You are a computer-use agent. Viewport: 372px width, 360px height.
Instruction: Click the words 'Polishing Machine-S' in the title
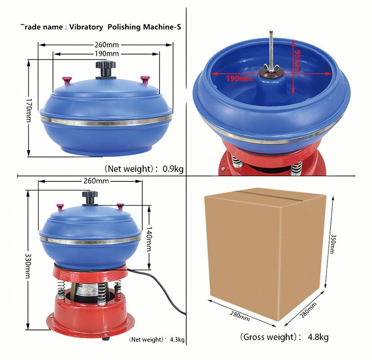point(143,27)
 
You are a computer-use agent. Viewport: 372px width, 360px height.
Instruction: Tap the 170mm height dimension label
point(29,109)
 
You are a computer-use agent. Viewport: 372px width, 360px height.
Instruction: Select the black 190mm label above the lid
point(106,54)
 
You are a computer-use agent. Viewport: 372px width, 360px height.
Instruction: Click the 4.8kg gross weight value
point(318,337)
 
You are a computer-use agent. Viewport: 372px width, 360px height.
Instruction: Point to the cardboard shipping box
point(265,252)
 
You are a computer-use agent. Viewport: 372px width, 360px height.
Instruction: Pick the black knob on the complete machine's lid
point(90,197)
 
